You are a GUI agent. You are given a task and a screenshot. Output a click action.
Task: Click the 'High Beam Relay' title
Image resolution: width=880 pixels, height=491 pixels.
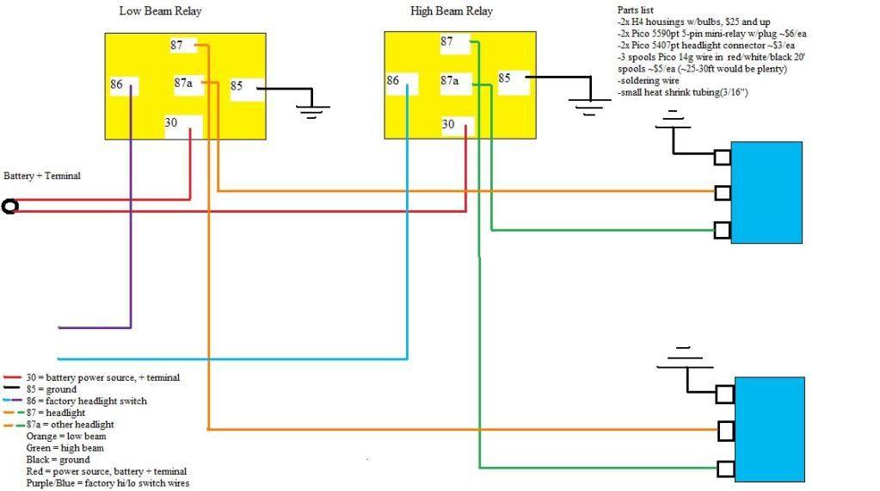[x=452, y=12]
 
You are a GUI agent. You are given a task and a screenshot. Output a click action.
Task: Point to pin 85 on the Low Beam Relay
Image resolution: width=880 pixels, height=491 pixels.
[x=238, y=86]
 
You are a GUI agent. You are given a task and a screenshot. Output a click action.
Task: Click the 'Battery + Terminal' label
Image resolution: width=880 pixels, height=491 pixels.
[x=42, y=176]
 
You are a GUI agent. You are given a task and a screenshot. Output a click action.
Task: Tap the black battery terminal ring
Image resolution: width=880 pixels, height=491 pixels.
[x=10, y=207]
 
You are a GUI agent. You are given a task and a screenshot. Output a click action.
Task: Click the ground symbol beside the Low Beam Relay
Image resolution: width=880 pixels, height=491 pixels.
[x=310, y=108]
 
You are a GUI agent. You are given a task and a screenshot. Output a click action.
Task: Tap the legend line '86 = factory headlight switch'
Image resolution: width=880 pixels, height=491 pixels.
[x=86, y=401]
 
